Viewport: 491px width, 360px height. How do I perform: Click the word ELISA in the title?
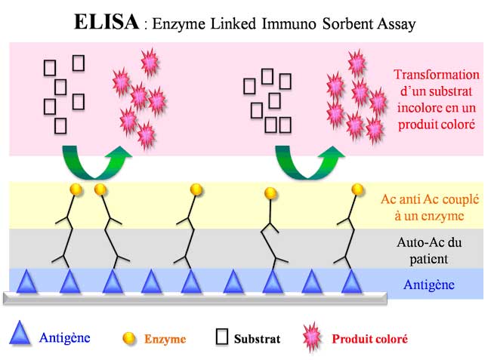coord(107,22)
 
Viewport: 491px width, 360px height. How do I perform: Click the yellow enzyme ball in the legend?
coord(129,338)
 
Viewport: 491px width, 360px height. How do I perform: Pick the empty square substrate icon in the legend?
coord(221,337)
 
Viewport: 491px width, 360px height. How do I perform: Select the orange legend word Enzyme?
coord(165,339)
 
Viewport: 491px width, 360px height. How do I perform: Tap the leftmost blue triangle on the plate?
coord(28,282)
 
